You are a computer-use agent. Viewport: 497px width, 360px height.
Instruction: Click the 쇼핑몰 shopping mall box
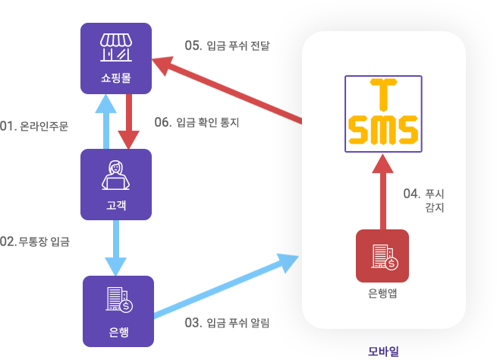click(x=116, y=58)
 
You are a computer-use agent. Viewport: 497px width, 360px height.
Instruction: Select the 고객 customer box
click(x=116, y=185)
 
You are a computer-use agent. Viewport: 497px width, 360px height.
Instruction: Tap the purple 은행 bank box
click(x=118, y=311)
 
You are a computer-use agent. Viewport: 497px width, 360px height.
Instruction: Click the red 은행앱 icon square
click(x=382, y=255)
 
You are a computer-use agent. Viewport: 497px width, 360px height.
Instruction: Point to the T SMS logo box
click(x=382, y=114)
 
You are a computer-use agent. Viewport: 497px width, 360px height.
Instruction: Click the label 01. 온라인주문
click(x=35, y=125)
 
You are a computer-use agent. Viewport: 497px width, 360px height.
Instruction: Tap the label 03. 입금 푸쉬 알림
click(x=228, y=322)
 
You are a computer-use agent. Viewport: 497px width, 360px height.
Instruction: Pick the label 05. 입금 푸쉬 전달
click(x=228, y=45)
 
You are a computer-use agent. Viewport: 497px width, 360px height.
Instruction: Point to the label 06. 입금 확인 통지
click(x=199, y=121)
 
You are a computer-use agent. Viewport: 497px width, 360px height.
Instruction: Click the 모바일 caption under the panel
click(x=382, y=350)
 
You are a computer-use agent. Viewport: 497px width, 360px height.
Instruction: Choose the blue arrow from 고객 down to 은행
click(x=116, y=248)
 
